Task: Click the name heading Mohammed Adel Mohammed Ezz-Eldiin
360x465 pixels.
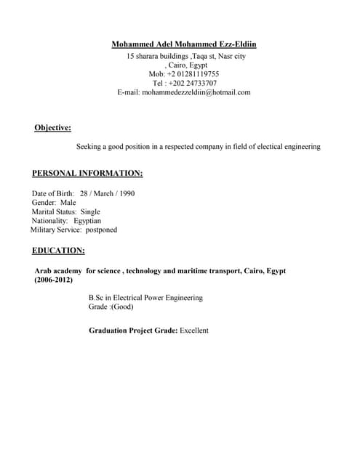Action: (184, 44)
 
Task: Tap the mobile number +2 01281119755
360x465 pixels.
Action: (193, 74)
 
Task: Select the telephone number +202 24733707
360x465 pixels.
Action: (192, 84)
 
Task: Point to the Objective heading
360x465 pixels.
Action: (52, 128)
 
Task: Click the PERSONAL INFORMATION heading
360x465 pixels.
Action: (87, 174)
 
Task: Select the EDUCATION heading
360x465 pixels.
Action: (58, 251)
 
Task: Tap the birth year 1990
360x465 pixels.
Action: (125, 194)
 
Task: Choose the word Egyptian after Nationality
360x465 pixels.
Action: (87, 220)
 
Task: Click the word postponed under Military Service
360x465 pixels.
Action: (101, 230)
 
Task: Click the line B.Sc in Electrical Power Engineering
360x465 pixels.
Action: (145, 298)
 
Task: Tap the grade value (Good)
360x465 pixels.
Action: (122, 307)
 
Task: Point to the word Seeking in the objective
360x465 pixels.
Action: (90, 147)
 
